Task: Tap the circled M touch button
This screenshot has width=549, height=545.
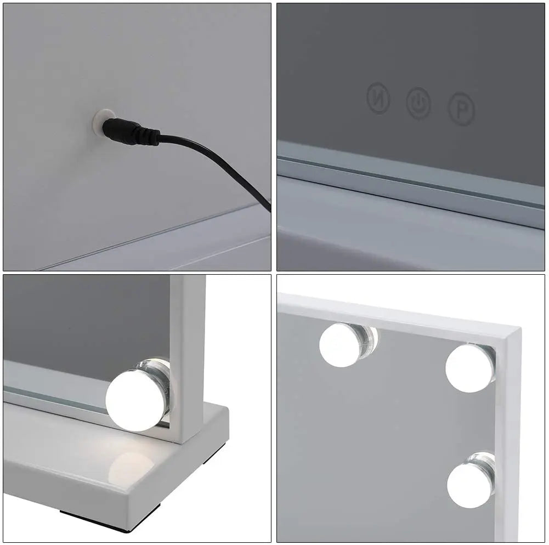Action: point(378,97)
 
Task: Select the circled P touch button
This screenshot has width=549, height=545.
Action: point(462,109)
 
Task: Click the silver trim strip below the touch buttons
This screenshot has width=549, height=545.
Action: point(411,175)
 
